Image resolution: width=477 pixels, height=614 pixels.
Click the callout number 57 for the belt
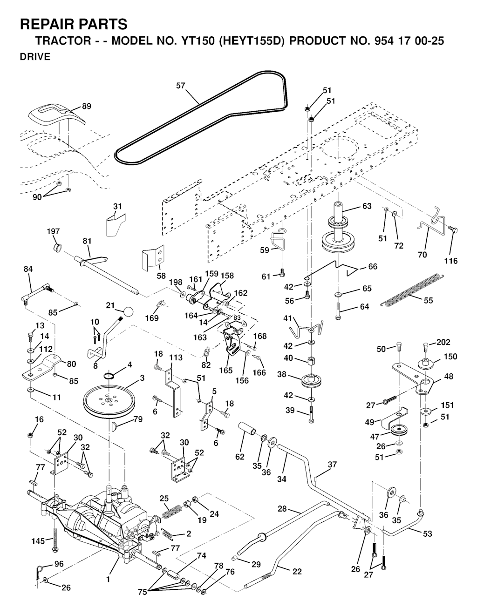(x=181, y=85)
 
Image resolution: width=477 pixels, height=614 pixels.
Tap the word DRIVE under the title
(x=35, y=57)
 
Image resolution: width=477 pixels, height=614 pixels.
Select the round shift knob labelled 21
(x=127, y=310)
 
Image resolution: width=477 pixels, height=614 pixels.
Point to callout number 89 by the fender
(x=87, y=106)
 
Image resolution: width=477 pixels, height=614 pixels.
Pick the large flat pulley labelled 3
(x=108, y=399)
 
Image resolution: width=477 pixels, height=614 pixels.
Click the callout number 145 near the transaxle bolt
(x=38, y=540)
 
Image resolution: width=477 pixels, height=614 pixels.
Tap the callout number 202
(x=443, y=342)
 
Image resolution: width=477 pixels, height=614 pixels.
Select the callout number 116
(x=451, y=261)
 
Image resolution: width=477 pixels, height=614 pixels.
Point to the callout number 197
(x=53, y=231)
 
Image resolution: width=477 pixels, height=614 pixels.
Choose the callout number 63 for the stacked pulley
(x=367, y=206)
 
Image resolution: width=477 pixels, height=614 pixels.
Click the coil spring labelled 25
(x=170, y=512)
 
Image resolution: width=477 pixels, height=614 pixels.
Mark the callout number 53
(x=427, y=533)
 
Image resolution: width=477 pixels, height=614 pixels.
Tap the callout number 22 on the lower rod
(x=297, y=572)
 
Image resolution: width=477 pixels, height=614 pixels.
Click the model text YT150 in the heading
(x=195, y=40)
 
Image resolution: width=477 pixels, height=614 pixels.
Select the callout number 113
(x=176, y=358)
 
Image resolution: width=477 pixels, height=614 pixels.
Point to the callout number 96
(x=59, y=564)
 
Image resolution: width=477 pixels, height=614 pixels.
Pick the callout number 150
(x=450, y=357)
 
